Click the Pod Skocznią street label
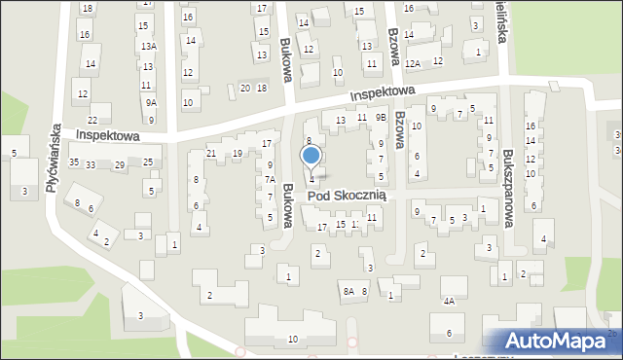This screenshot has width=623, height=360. (x=348, y=196)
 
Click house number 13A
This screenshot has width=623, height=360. (x=148, y=47)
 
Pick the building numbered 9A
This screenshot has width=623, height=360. (x=150, y=102)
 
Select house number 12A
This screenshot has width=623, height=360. (x=413, y=63)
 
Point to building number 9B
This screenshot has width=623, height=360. (x=382, y=118)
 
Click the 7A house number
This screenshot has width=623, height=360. (x=272, y=180)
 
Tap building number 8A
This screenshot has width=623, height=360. (x=348, y=291)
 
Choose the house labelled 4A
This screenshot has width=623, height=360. (x=449, y=302)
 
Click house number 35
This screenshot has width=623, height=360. (x=74, y=162)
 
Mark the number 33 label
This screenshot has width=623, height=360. (x=90, y=165)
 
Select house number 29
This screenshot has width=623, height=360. (x=119, y=165)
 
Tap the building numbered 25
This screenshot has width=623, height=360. (x=148, y=162)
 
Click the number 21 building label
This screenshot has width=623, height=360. (x=210, y=154)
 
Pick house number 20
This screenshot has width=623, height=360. (x=244, y=89)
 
